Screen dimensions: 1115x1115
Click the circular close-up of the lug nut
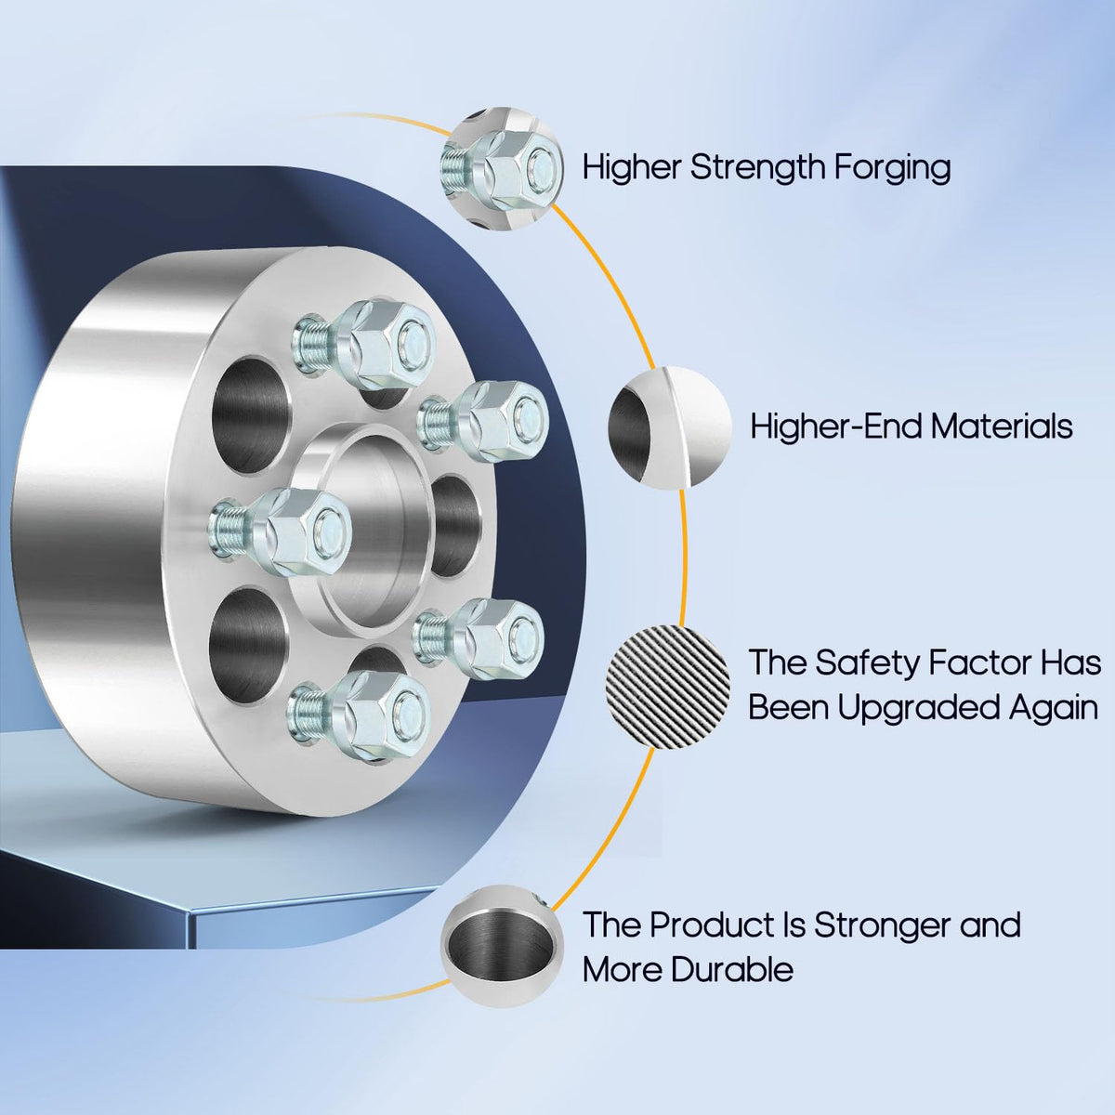(x=501, y=168)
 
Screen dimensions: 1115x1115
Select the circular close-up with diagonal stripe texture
(x=668, y=687)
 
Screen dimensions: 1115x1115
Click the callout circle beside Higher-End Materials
(x=670, y=428)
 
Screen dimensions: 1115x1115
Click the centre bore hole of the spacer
(x=377, y=531)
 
